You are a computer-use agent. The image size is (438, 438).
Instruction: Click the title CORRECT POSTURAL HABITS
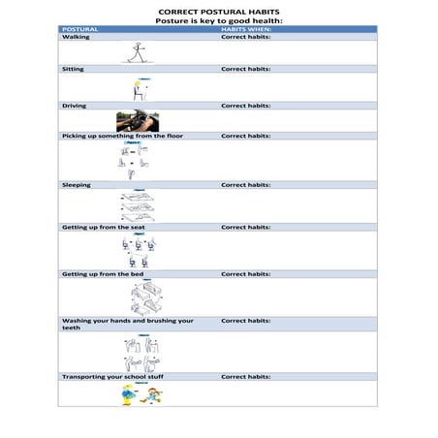pos(219,12)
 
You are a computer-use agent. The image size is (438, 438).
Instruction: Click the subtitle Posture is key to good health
pos(219,20)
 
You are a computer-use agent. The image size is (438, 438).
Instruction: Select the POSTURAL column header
pos(79,29)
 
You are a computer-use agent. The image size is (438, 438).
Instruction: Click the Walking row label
pos(75,37)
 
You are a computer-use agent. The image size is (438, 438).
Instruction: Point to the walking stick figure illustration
pos(137,52)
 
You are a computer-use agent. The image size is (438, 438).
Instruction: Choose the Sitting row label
pos(73,70)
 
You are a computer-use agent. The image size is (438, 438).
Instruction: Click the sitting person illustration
pos(138,89)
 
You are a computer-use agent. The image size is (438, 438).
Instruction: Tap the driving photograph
pos(138,121)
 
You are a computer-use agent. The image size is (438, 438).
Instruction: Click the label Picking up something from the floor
pos(122,136)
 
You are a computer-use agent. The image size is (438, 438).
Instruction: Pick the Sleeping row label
pos(77,184)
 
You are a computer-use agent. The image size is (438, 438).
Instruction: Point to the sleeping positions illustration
pos(139,205)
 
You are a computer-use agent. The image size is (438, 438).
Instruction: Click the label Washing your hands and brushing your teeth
pos(126,324)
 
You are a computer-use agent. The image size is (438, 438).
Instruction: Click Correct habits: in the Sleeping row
pos(245,184)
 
